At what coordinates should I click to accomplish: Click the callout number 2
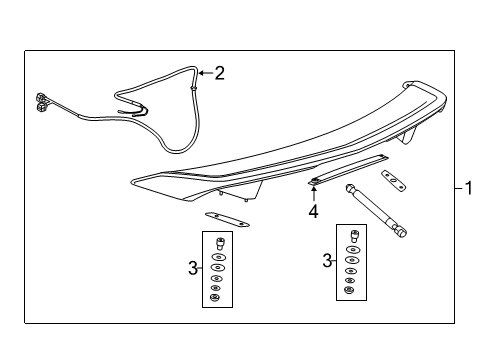pos(219,72)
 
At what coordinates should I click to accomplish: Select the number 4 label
pos(313,211)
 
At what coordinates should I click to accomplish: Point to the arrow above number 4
pos(313,195)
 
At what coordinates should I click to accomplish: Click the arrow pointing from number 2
pos(203,72)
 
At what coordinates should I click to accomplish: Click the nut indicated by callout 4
pos(314,181)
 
